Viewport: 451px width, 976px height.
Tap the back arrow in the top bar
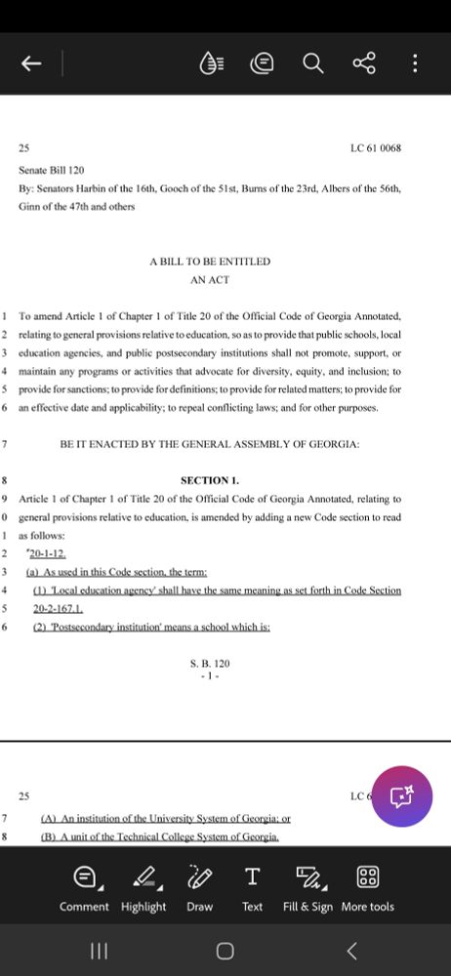[x=31, y=63]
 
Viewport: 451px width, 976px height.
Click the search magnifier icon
[x=312, y=63]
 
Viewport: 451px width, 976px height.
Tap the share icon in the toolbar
[x=363, y=63]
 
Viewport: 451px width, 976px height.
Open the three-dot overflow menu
[x=415, y=63]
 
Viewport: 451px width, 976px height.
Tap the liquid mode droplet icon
[x=211, y=63]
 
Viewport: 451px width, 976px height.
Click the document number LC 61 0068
[x=376, y=148]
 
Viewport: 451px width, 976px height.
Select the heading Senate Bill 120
[x=51, y=170]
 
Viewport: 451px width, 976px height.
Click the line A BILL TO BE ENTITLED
[x=210, y=262]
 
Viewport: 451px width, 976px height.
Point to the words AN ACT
[x=210, y=279]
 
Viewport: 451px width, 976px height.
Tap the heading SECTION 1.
[x=210, y=480]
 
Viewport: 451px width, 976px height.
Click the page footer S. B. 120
[x=210, y=664]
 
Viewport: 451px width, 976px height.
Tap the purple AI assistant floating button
[x=402, y=797]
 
